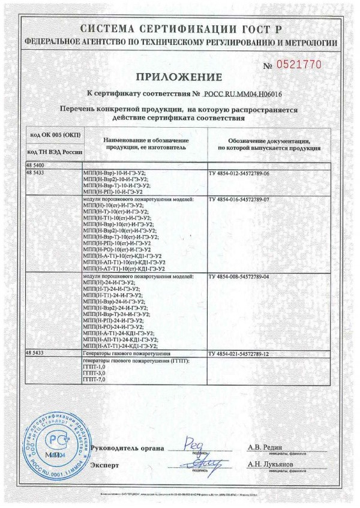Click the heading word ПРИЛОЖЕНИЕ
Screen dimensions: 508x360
tap(179, 76)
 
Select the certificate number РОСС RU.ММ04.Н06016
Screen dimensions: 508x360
tap(243, 94)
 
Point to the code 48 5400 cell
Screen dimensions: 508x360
tap(36, 164)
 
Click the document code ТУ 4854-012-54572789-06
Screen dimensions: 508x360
tap(239, 173)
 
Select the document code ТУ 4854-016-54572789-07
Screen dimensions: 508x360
tap(239, 199)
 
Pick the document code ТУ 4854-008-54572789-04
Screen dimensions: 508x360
tap(239, 276)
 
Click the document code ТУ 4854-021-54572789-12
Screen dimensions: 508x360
tap(239, 354)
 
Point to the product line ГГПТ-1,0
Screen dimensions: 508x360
tap(93, 368)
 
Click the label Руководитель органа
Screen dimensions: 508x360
tap(125, 447)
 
